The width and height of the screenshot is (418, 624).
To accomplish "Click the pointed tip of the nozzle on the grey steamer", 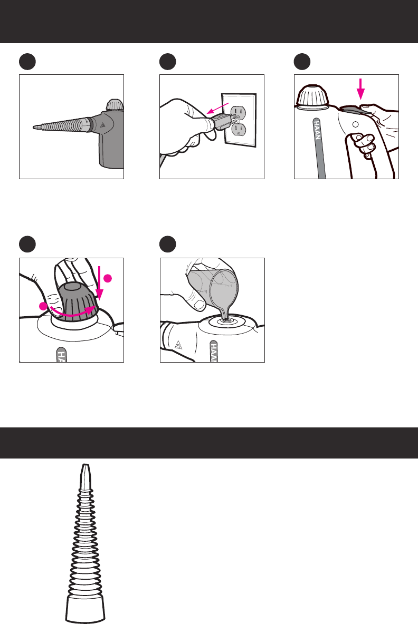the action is (x=33, y=128).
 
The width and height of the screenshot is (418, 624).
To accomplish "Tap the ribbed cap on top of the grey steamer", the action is (x=115, y=105).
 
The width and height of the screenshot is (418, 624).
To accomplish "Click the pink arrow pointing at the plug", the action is (x=217, y=108).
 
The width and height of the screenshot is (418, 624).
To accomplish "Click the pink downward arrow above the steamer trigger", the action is (x=360, y=89).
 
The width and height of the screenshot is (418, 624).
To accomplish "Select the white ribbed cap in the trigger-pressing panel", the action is (x=313, y=97).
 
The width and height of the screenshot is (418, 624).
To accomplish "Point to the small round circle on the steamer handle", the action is (x=355, y=124).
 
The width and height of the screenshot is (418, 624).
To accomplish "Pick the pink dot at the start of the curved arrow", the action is (x=43, y=306).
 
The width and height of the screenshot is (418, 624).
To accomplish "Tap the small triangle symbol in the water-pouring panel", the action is (x=178, y=345).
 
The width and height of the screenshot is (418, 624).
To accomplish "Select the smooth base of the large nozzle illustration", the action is (x=85, y=608).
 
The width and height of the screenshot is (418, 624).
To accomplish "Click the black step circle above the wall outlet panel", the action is (x=168, y=62).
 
